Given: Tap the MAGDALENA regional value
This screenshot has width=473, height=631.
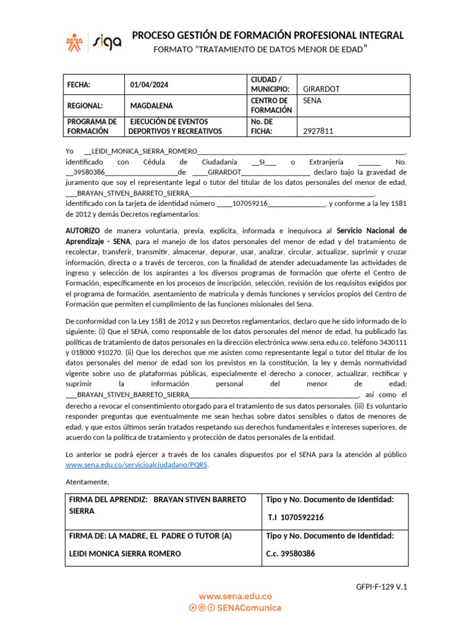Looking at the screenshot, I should (x=152, y=105).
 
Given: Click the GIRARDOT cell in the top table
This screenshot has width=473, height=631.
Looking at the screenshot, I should (x=321, y=89).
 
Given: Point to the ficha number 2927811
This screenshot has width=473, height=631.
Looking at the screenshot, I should (x=318, y=131).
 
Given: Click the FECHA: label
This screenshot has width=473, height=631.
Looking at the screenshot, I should (x=79, y=85).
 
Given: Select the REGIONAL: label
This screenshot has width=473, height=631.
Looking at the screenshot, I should (x=84, y=105).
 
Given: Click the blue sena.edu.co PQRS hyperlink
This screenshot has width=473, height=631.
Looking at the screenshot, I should (x=137, y=465).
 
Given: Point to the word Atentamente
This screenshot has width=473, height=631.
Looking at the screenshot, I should (x=87, y=482).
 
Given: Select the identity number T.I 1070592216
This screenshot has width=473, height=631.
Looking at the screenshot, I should (x=296, y=517).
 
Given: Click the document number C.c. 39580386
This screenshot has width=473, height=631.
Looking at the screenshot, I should (x=290, y=553).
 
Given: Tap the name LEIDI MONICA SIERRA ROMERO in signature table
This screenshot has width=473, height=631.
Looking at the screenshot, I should (x=124, y=553).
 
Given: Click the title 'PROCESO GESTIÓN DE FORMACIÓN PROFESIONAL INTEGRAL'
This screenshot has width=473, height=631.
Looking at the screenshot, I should (x=268, y=35).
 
